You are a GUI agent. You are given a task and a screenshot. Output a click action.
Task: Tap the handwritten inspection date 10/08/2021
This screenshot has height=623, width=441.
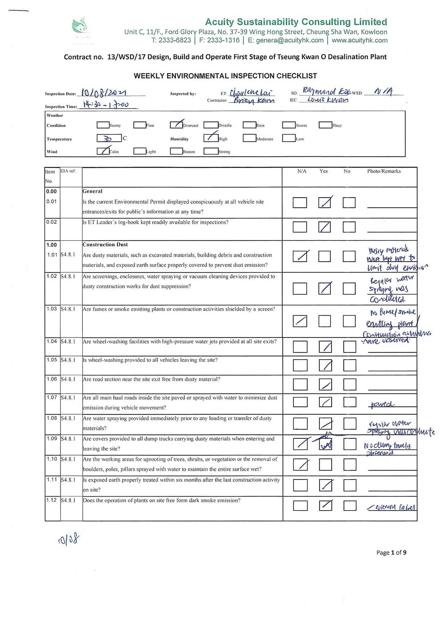(104, 92)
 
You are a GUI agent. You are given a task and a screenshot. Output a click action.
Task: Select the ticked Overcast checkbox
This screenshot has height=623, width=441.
(176, 125)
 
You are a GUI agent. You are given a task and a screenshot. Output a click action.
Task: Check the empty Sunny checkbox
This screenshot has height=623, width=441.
(103, 125)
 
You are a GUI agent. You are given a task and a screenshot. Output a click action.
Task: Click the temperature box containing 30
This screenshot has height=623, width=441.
(109, 138)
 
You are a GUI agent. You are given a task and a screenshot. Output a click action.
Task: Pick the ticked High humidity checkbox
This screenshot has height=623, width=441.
(210, 138)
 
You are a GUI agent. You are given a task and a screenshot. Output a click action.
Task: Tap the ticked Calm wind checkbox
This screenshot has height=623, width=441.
(103, 151)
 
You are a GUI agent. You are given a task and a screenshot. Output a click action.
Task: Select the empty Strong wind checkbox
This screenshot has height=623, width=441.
(210, 151)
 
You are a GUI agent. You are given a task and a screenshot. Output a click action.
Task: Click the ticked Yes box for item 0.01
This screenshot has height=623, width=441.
(325, 202)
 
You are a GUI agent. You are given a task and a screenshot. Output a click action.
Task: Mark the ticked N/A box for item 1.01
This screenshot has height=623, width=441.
(300, 256)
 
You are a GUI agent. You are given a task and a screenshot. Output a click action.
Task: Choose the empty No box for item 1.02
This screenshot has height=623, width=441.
(349, 289)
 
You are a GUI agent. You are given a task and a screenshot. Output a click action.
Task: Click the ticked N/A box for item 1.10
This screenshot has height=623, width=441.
(300, 464)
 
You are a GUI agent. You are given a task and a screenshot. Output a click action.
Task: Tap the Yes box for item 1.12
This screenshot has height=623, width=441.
(325, 505)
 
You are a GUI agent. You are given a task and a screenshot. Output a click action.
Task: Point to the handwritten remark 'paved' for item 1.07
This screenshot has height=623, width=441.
(382, 405)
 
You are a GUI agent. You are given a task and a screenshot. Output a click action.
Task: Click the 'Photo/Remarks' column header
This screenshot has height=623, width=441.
(384, 171)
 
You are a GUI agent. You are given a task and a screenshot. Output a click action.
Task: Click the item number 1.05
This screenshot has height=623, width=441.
(52, 360)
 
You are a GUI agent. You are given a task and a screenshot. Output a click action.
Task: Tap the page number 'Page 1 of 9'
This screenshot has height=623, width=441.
(391, 552)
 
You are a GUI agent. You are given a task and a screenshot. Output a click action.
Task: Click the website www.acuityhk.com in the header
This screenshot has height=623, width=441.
(359, 40)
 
